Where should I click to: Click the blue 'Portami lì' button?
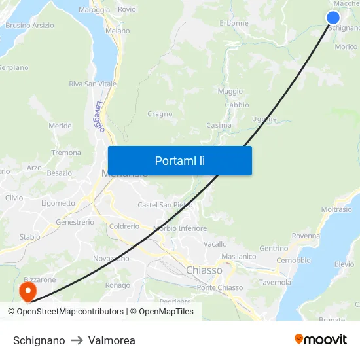[x=179, y=160]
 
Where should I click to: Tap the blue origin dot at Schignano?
[x=333, y=18]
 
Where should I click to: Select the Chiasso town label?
[x=204, y=270]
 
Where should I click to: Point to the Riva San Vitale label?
[x=93, y=84]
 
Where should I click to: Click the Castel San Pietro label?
[x=165, y=205]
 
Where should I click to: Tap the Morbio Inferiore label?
[x=180, y=228]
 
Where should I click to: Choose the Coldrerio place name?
[x=124, y=226]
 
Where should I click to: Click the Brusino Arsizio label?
[x=30, y=26]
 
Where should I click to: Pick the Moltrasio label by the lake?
[x=337, y=209]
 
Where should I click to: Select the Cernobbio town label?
[x=294, y=260]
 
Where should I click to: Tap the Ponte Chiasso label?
[x=220, y=288]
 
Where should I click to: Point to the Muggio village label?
[x=230, y=92]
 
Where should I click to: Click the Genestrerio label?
[x=75, y=222]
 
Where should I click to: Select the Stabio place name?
[x=29, y=237]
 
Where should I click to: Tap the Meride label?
[x=60, y=126]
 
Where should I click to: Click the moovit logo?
[x=321, y=340]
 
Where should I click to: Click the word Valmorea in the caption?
[x=112, y=340]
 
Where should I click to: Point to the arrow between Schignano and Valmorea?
[x=77, y=340]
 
